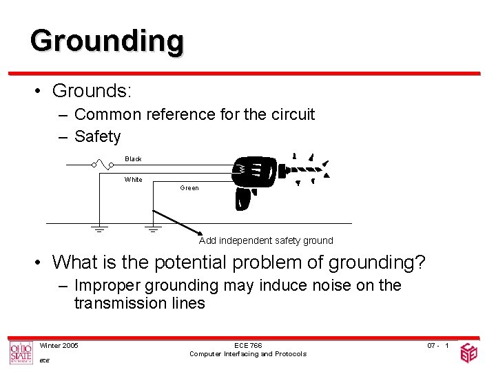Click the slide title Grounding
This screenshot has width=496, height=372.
pos(107,41)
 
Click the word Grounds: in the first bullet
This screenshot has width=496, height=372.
pos(92,91)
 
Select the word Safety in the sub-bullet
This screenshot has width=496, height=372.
pos(97,136)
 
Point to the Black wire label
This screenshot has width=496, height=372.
pos(133,159)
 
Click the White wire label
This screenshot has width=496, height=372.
pos(133,180)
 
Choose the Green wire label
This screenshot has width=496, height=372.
pos(189,188)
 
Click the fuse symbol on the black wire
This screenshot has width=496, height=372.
pos(105,165)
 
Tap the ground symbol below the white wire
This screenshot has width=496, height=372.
pos(99,228)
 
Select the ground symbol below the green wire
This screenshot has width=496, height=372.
pos(153,228)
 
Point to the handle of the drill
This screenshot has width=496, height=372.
pos(242,199)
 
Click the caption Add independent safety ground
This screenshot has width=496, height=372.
pos(266,241)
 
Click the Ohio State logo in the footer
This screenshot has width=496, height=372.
pos(21,353)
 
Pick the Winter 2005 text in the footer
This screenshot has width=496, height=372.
pos(59,345)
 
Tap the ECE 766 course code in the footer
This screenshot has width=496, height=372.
pos(247,345)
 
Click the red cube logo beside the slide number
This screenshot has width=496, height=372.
pos(468,353)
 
